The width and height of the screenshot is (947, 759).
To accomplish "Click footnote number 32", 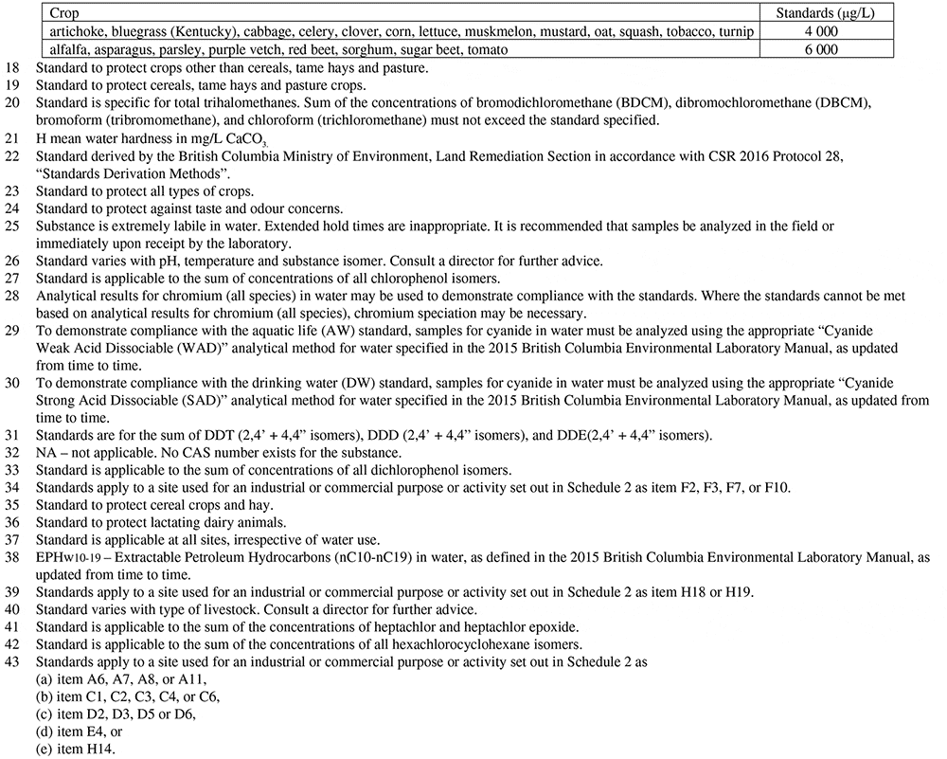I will coord(12,452).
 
